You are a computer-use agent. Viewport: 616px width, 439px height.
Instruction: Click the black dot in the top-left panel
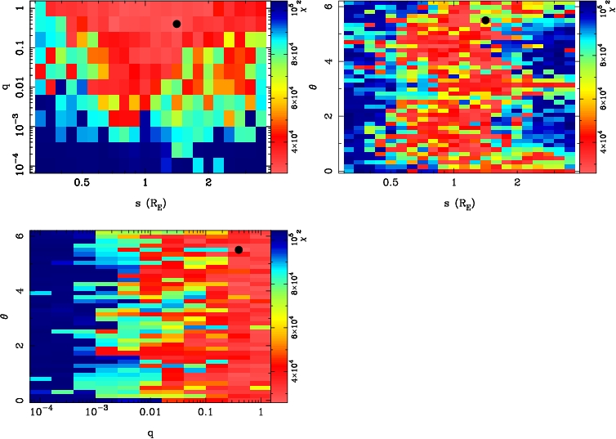176,24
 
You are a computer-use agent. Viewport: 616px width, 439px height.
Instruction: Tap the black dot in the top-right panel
485,20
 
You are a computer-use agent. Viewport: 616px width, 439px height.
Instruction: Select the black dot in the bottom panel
239,249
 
